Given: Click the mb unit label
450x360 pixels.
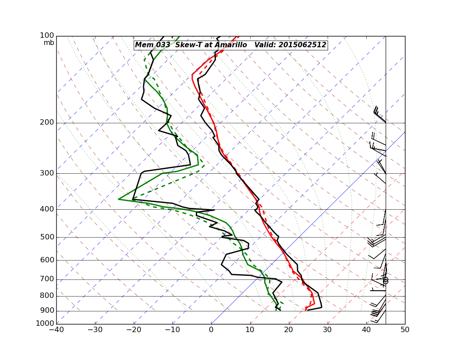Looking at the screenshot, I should [49, 43].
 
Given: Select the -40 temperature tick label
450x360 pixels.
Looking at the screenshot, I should [56, 330].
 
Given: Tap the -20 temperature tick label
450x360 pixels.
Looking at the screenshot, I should [134, 330].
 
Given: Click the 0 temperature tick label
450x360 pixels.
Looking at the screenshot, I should [211, 330].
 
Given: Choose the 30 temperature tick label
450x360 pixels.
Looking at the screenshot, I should [328, 330].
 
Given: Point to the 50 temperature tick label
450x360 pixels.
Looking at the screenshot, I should [405, 330].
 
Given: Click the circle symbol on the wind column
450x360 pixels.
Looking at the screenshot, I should [386, 280].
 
